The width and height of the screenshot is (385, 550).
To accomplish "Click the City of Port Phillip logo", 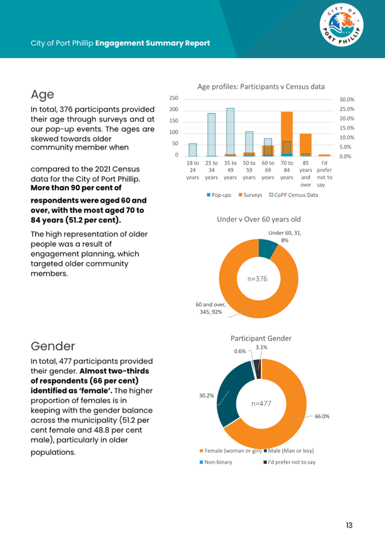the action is (x=342, y=25).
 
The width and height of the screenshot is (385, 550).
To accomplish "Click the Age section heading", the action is (x=42, y=95).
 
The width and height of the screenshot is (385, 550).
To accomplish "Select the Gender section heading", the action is (x=53, y=346).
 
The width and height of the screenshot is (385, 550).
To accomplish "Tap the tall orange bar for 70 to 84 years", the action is (x=287, y=133).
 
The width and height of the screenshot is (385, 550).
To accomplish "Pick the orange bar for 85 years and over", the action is (x=305, y=145).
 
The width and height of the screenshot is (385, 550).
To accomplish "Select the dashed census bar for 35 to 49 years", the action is (x=230, y=132).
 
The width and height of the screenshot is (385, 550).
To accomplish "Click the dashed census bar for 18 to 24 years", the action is (x=192, y=150).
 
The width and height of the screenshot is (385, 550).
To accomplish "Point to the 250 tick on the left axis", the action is (x=174, y=98).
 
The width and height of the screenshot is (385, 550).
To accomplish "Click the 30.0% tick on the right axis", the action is (x=347, y=100).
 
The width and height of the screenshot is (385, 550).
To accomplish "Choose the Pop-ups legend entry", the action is (x=219, y=195).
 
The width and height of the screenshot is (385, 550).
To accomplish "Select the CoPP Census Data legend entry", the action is (x=293, y=195).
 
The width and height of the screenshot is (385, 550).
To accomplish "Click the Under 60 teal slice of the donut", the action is (x=267, y=248).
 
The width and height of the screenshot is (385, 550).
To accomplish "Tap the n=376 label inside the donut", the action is (x=257, y=279).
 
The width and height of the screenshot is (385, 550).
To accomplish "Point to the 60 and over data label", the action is (x=211, y=309).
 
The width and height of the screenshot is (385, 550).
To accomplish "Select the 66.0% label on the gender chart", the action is (x=322, y=417).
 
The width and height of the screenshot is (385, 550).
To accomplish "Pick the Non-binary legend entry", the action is (x=216, y=462).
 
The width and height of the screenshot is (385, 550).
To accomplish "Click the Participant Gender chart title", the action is (x=261, y=339).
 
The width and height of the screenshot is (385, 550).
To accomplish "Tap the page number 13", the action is (x=349, y=525).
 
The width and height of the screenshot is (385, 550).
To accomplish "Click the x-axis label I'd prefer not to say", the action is (x=324, y=174).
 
